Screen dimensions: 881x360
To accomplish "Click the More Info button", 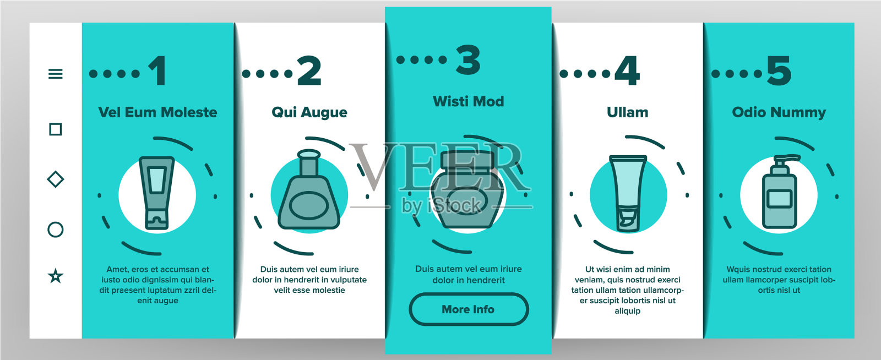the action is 469,309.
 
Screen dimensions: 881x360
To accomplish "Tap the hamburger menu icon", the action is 56,74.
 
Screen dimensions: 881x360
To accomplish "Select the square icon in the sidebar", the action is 56,129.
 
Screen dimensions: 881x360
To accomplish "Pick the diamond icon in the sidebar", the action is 56,179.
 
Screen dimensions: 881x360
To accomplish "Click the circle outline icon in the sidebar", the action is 56,230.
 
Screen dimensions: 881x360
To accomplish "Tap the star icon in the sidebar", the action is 56,276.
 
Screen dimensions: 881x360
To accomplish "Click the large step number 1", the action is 157,71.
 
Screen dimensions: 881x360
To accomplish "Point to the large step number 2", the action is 309,71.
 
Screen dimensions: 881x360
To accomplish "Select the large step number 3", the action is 468,59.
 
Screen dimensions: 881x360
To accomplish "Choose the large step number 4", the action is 627,71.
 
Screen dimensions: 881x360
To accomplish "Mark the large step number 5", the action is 779,71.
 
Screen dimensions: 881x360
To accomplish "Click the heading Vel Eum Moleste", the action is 157,112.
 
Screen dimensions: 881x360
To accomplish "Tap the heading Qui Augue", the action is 309,113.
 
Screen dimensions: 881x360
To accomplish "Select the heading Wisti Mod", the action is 469,101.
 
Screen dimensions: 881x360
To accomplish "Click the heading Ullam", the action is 627,112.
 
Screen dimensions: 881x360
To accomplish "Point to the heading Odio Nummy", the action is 779,113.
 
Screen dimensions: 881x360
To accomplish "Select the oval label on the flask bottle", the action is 309,205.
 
